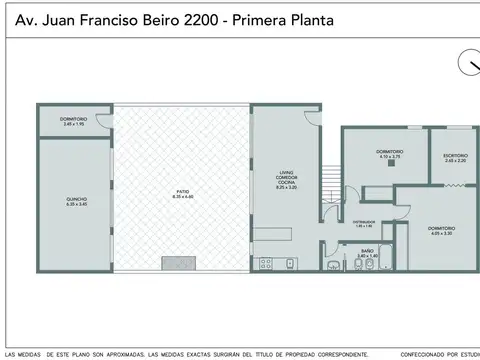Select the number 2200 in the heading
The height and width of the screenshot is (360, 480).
(x=208, y=18)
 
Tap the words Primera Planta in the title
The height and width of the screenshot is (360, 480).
(x=291, y=18)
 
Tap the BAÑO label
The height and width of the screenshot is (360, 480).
(x=368, y=253)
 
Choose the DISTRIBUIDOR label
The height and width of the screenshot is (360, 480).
(x=364, y=225)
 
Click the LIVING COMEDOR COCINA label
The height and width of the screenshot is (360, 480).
(x=288, y=178)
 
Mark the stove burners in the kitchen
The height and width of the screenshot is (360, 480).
(x=266, y=265)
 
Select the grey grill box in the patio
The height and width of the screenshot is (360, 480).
(x=180, y=265)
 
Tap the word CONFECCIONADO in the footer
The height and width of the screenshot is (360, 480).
(x=419, y=354)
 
